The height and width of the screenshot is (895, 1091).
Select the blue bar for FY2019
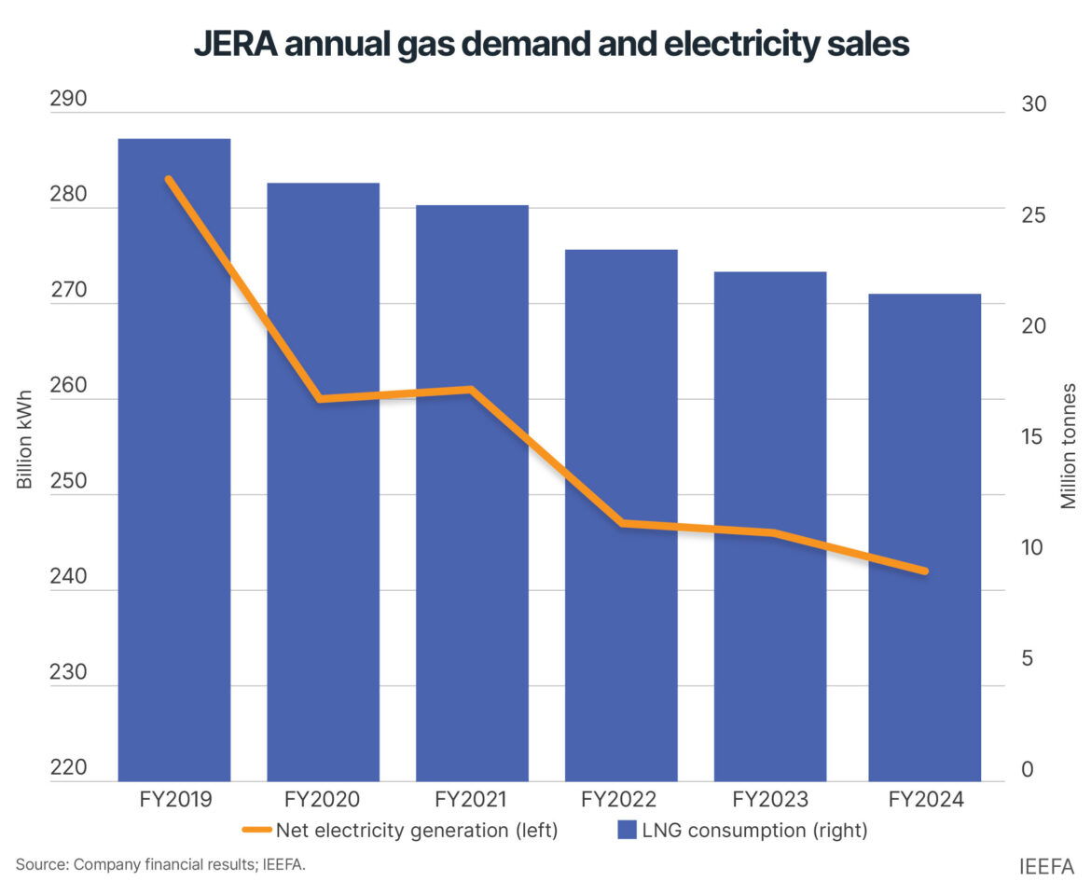click(x=174, y=466)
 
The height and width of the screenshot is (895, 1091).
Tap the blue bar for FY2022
click(x=621, y=522)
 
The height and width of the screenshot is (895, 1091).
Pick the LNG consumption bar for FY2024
click(x=924, y=541)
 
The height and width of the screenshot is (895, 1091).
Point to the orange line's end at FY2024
click(x=924, y=571)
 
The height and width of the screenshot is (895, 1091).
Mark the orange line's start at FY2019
click(x=169, y=178)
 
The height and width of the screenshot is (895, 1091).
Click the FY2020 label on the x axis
click(x=323, y=800)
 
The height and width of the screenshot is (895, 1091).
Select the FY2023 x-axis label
click(x=770, y=800)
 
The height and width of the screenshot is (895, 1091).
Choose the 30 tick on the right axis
click(x=1033, y=103)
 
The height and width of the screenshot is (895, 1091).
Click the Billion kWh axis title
click(x=25, y=438)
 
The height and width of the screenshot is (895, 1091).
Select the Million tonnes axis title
click(x=1069, y=446)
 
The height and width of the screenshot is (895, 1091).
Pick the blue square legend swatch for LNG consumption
click(x=628, y=830)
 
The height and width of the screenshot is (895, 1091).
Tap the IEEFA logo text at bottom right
click(x=1046, y=867)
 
